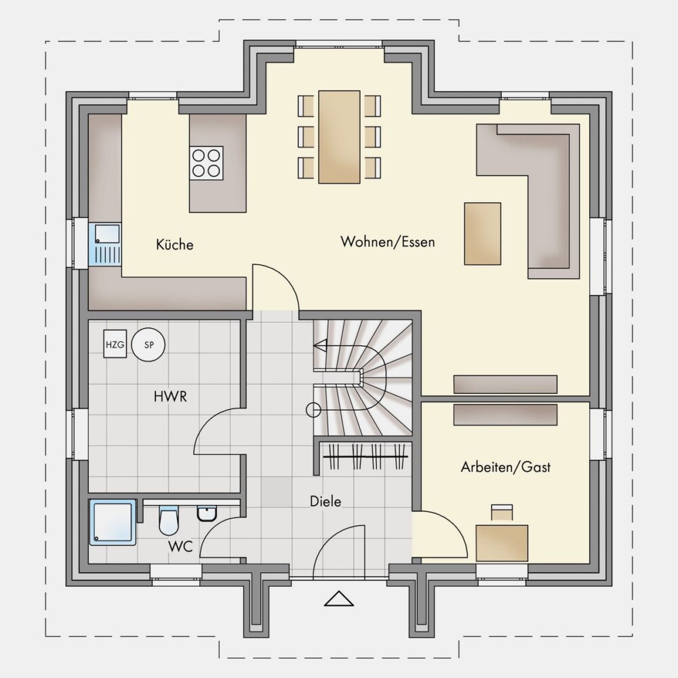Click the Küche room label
click(175, 245)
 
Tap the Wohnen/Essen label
click(387, 242)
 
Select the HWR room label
click(170, 397)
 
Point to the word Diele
click(325, 502)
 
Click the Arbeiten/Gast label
click(506, 467)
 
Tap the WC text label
click(180, 546)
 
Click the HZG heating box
click(115, 344)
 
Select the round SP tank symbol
click(148, 345)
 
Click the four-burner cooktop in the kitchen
click(206, 163)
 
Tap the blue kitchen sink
click(105, 244)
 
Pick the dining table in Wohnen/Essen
click(340, 137)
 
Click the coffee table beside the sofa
click(483, 233)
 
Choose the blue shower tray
click(113, 522)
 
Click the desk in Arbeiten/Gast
click(502, 543)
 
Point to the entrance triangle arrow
click(339, 599)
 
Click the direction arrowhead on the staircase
click(320, 346)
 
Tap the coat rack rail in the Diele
click(365, 456)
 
